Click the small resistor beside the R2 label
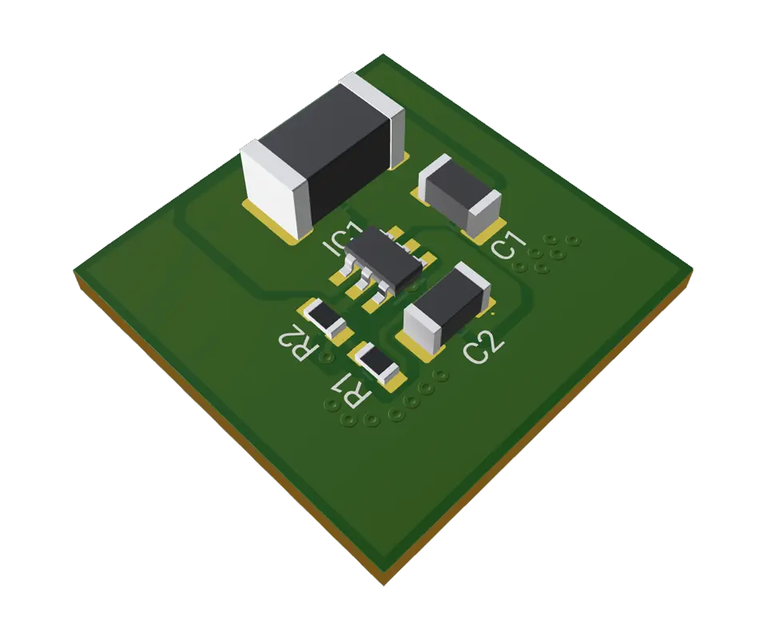point(327,319)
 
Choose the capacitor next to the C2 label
point(445,308)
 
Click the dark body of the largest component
point(336,152)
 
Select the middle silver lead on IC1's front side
point(368,279)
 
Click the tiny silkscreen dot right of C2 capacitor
point(492,316)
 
